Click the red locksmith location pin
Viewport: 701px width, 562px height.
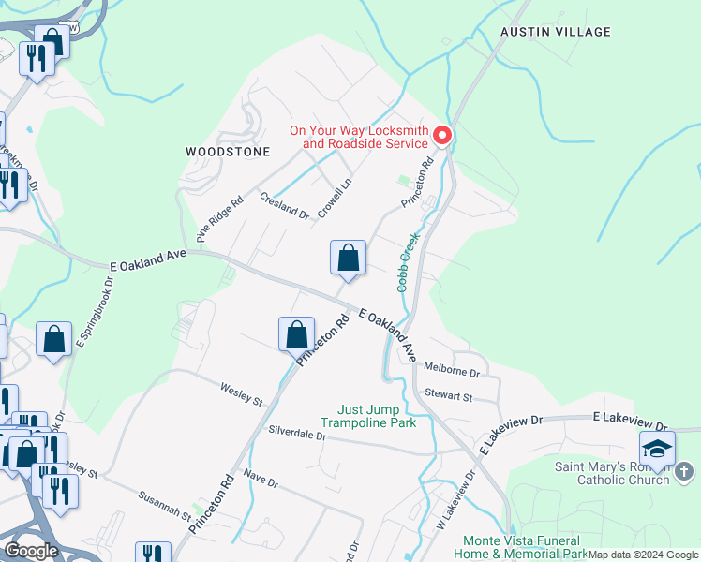(441, 136)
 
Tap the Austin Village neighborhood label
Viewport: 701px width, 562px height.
(556, 32)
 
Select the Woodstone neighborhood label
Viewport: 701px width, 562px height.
(228, 151)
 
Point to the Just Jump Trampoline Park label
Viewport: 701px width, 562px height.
(382, 416)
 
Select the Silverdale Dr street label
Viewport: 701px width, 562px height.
(297, 436)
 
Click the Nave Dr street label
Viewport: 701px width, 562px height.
(261, 480)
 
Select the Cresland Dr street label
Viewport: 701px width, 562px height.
(284, 206)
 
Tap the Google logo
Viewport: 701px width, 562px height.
(31, 551)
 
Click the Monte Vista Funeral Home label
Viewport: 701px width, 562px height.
(522, 547)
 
